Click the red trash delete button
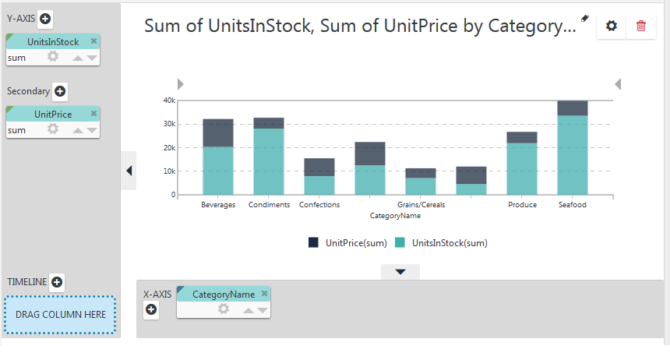tap(641, 26)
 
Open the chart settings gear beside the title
tap(612, 26)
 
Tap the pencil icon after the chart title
tap(584, 19)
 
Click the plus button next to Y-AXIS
tap(45, 19)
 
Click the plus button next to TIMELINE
tap(57, 282)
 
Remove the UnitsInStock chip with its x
tap(94, 41)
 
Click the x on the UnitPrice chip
tap(94, 113)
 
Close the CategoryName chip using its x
tap(265, 293)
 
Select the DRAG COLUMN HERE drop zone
tap(60, 315)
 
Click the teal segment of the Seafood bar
tap(573, 155)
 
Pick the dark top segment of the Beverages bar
tap(218, 133)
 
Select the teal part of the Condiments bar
tap(269, 161)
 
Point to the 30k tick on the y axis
tap(170, 124)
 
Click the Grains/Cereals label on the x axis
tap(421, 205)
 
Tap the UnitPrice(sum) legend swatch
tap(313, 243)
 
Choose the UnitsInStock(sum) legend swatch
tap(400, 243)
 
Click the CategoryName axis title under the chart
tap(395, 216)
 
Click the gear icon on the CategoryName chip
tap(223, 309)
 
